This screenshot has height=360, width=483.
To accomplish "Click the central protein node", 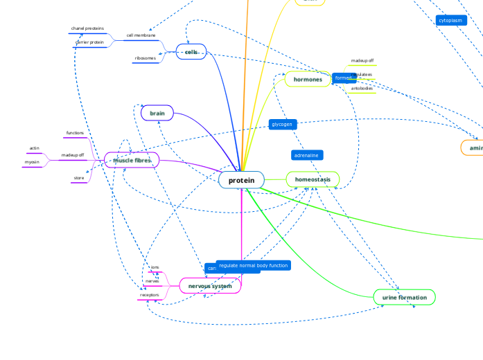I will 241,180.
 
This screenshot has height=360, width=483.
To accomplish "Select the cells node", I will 191,52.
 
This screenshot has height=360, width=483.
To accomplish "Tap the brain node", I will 157,112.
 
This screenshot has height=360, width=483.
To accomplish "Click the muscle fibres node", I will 132,160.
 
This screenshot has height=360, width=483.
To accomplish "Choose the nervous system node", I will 210,285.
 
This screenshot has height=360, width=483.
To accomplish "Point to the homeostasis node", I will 313,179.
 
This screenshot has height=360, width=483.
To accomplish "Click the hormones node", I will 308,80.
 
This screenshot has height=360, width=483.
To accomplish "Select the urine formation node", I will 404,297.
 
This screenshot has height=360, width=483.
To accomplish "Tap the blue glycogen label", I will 282,125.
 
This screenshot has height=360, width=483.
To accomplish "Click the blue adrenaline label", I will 307,155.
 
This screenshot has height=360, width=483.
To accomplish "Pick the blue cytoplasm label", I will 450,21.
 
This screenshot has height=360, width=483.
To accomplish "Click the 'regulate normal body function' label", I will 253,265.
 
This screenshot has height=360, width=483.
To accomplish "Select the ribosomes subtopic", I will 146,58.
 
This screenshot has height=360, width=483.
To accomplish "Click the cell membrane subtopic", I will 141,35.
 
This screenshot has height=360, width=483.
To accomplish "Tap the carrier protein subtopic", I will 89,42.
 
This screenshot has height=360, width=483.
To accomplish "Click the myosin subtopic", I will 32,162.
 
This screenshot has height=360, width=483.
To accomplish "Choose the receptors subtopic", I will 149,295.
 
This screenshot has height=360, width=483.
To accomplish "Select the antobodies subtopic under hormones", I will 362,88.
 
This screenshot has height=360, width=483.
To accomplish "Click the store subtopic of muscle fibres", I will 78,179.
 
